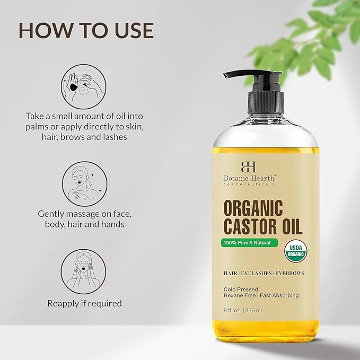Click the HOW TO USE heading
(x=86, y=31)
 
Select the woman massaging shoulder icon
(x=84, y=184)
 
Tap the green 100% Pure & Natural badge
(x=250, y=242)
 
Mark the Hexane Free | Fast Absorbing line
(x=260, y=295)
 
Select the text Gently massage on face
(x=84, y=214)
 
